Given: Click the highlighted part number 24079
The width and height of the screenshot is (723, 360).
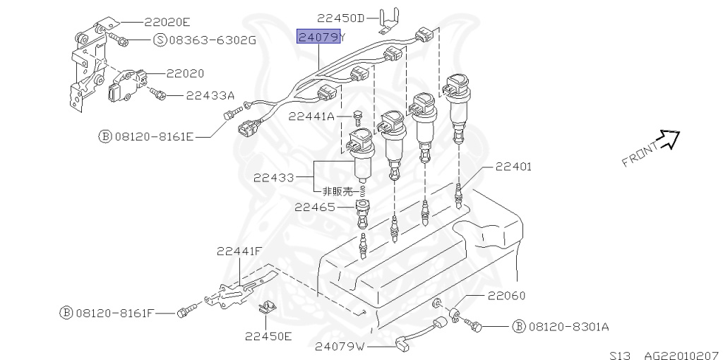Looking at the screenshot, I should (318, 37).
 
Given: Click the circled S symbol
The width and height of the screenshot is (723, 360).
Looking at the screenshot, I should (160, 40).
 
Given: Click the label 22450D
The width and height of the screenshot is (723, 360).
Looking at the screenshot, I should (341, 18).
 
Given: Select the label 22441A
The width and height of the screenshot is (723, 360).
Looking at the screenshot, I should (311, 116).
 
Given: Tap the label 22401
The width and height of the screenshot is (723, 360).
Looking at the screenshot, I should (513, 167).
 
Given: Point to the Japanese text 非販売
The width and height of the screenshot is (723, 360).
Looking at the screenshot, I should (337, 191).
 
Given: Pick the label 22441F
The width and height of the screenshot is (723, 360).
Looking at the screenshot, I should (239, 251).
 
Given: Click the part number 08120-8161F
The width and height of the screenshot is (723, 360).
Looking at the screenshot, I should (115, 312).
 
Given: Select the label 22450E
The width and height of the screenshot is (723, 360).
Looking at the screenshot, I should (268, 336).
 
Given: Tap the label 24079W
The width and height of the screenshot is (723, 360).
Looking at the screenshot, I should (340, 346).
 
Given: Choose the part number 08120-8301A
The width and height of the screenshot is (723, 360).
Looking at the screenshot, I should (568, 327).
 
